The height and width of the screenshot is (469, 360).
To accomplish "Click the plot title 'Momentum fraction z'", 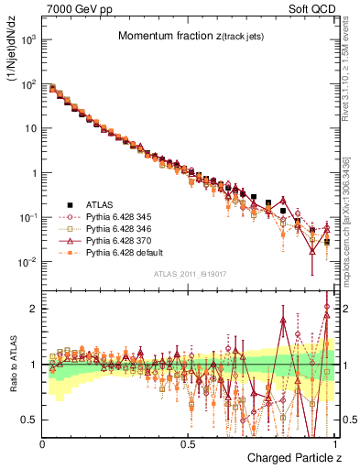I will pyautogui.click(x=186, y=36).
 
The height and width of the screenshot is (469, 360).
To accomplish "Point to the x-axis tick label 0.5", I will pyautogui.click(x=187, y=444).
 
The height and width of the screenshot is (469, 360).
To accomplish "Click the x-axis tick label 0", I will pyautogui.click(x=42, y=444).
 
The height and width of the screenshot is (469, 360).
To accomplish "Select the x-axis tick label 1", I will pyautogui.click(x=332, y=444).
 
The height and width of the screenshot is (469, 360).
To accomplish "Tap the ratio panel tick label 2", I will pyautogui.click(x=34, y=309).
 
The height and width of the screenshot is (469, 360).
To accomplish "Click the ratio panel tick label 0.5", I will pyautogui.click(x=30, y=420).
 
